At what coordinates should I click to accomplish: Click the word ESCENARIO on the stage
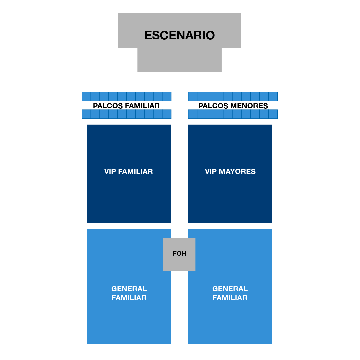pos(180,35)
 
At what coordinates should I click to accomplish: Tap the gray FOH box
pos(179,254)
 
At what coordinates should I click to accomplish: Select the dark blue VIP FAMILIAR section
pos(129,174)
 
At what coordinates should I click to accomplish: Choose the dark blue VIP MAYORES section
pos(230,174)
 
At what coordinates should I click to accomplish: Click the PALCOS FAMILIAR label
pos(126,106)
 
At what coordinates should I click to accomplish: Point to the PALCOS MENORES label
pos(233,106)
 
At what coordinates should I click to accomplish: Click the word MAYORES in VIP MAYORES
pos(237,172)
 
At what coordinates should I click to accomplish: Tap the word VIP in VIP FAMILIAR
pos(110,172)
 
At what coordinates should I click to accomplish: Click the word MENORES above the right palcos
pos(249,106)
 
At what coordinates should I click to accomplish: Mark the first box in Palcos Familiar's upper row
pos(86,96)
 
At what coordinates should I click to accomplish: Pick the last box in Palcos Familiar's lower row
pos(167,114)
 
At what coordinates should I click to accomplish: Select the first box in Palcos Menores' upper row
pos(193,96)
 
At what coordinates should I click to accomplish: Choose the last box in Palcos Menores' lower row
pos(273,114)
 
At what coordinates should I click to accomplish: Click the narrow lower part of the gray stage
pos(180,60)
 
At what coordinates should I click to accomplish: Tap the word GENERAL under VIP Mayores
pos(230,289)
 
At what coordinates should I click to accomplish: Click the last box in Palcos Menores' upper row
pos(273,96)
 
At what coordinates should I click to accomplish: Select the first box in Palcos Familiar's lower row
pos(86,114)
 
